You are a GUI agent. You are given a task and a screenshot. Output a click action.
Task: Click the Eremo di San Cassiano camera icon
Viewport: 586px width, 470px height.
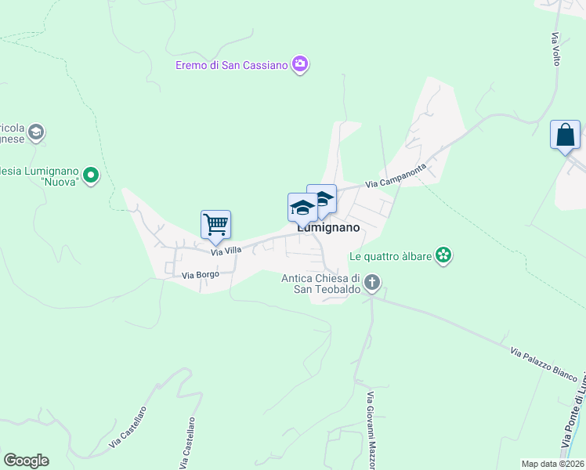[x=299, y=64]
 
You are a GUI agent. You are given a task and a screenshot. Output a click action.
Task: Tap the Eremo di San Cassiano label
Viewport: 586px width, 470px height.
[x=231, y=65]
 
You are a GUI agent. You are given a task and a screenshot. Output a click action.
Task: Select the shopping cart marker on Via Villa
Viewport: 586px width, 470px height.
[x=215, y=225]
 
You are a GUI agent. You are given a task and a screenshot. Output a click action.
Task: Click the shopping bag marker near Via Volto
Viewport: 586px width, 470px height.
[x=565, y=136]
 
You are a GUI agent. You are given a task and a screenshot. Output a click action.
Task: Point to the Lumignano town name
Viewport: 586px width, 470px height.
[x=328, y=228]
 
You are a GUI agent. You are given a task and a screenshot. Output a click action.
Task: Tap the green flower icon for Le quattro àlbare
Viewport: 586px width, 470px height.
[x=444, y=255]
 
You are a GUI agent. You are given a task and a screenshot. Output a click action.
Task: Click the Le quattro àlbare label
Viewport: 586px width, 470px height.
[x=391, y=255]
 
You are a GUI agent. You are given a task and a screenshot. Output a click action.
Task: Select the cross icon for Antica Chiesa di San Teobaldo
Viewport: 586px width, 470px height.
[x=372, y=281]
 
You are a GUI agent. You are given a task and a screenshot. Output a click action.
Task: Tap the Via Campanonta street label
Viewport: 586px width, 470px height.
[x=396, y=176]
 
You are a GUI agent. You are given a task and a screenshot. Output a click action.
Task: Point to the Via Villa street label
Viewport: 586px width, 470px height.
[x=226, y=251]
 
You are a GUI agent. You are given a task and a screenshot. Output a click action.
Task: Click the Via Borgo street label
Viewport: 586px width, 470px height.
[x=199, y=275]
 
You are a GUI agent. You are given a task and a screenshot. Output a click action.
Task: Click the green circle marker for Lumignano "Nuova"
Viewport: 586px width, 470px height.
[x=91, y=175]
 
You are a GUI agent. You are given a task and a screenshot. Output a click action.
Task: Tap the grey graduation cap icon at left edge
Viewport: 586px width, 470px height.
[x=36, y=133]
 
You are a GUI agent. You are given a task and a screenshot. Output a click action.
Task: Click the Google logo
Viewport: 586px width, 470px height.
[x=26, y=461]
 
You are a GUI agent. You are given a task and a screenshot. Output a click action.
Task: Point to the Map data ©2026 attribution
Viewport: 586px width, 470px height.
[x=552, y=464]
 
